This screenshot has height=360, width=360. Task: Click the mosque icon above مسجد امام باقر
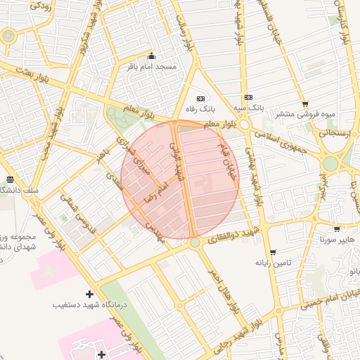(150, 56)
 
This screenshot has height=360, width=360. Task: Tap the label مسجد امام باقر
(151, 67)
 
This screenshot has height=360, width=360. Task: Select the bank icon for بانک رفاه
(201, 98)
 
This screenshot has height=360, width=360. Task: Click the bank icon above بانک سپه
(247, 98)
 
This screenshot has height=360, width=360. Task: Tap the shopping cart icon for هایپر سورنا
(337, 229)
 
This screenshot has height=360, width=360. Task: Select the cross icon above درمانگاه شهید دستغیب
(89, 294)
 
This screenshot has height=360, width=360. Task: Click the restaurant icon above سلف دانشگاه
(9, 180)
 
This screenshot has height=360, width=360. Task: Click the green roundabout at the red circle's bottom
(195, 243)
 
